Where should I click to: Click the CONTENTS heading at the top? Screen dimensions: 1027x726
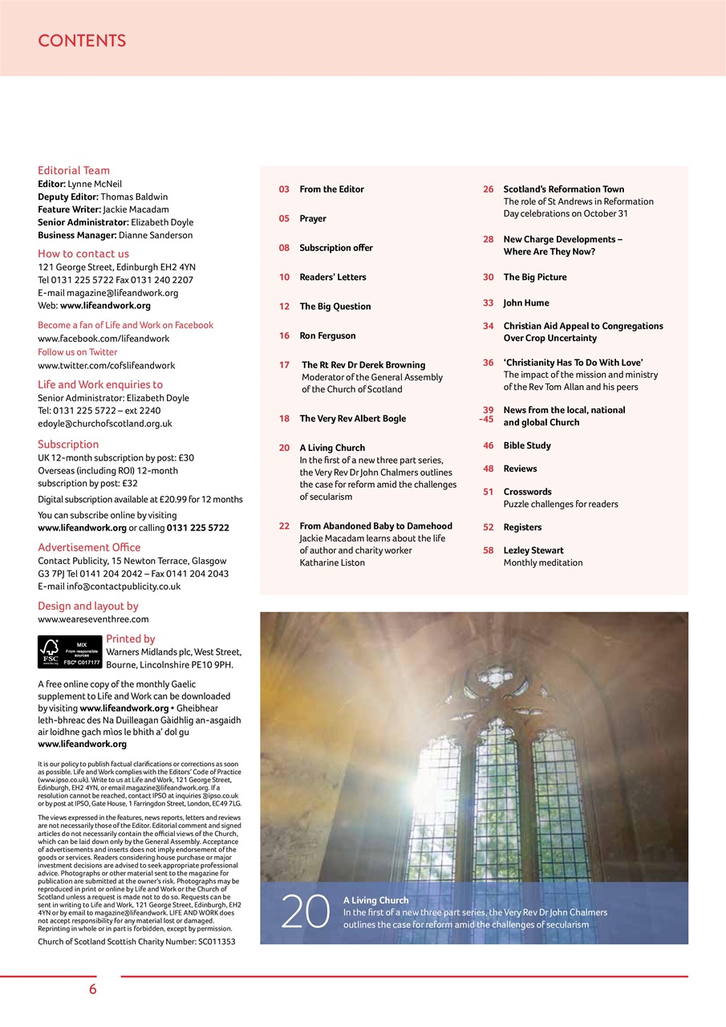tap(82, 41)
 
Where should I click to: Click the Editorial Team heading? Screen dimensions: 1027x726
tap(74, 170)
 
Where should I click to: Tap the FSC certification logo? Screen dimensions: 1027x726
tap(70, 652)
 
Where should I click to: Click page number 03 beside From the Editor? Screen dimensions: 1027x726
tap(284, 189)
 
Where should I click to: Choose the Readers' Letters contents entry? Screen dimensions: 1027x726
tap(332, 277)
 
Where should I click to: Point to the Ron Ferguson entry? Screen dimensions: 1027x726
tap(327, 335)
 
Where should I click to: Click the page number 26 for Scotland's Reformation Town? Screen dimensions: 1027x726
tap(488, 189)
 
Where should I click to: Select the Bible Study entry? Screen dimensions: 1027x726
tap(527, 445)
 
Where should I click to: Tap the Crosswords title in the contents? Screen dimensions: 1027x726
tap(527, 492)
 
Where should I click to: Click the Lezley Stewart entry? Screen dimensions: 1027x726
tap(533, 550)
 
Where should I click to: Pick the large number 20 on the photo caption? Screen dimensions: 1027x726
tap(306, 912)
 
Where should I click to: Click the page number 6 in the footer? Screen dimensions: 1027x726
tap(93, 989)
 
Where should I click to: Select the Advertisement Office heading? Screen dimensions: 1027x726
tap(89, 547)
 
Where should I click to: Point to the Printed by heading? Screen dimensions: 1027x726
tap(131, 639)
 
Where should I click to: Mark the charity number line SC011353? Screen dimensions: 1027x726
tap(136, 941)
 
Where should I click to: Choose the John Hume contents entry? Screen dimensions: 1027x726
tap(526, 302)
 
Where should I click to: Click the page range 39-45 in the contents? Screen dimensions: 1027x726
tap(487, 415)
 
